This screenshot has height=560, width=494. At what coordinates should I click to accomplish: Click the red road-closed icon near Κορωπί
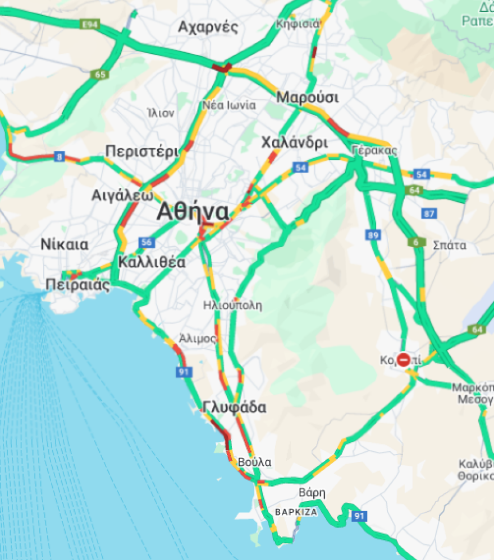[403, 359]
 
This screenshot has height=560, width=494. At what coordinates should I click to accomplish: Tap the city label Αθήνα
[193, 212]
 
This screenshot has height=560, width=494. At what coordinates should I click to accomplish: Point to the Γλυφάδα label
[235, 408]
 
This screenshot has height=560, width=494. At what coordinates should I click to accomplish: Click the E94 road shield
[90, 25]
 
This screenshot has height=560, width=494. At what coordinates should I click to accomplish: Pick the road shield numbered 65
[101, 75]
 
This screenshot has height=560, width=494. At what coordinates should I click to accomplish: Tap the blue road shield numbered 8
[60, 157]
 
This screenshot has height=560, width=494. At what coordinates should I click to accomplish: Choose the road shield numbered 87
[429, 214]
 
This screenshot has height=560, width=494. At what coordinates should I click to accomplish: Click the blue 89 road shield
[373, 235]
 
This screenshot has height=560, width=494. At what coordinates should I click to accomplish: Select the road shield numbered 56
[147, 242]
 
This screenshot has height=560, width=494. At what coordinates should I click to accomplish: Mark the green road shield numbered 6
[417, 242]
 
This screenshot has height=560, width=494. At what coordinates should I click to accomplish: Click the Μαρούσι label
[308, 97]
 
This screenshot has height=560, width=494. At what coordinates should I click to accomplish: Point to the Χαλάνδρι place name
[295, 143]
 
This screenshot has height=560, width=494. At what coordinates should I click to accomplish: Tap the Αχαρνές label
[208, 27]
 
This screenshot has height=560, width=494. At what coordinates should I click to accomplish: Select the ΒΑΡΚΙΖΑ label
[296, 512]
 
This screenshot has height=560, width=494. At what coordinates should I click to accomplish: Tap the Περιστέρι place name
[141, 151]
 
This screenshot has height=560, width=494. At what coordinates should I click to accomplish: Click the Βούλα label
[254, 462]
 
